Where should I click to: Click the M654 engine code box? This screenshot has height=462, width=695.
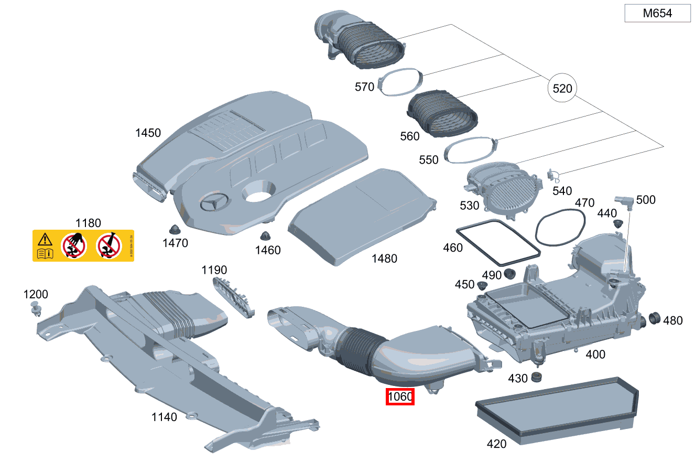(x=657, y=14)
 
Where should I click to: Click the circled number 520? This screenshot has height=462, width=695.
(x=562, y=89)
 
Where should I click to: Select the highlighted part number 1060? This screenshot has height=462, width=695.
(x=400, y=397)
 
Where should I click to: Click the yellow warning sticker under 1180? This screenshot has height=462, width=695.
(x=83, y=245)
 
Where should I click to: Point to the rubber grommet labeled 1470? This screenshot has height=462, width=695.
(x=175, y=229)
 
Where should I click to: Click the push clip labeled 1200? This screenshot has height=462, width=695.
(x=36, y=309)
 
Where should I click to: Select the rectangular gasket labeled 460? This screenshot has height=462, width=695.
(x=497, y=244)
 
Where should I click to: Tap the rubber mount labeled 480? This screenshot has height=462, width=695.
(x=654, y=318)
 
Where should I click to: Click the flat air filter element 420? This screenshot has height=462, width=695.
(x=556, y=405)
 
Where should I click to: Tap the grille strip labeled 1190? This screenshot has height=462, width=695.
(x=233, y=296)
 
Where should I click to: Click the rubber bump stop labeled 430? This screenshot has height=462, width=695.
(x=536, y=377)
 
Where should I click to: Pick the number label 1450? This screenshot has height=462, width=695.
(x=148, y=133)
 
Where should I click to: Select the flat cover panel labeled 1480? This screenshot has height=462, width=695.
(x=362, y=216)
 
